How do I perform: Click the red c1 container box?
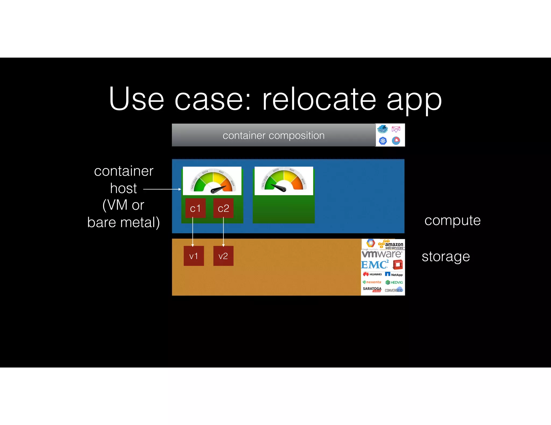(x=195, y=208)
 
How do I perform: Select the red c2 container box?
(x=223, y=208)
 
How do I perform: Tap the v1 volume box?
(x=194, y=256)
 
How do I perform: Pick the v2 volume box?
(x=223, y=256)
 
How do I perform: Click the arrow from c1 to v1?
(x=193, y=232)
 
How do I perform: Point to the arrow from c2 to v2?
(x=223, y=232)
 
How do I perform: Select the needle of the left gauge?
(x=218, y=189)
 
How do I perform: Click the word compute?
(x=453, y=221)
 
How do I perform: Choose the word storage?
(x=446, y=257)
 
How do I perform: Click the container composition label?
(x=274, y=135)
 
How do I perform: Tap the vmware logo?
(x=382, y=254)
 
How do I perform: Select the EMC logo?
(x=375, y=265)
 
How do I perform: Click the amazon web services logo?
(x=391, y=244)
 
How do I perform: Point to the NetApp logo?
(x=394, y=274)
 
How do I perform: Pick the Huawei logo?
(x=372, y=274)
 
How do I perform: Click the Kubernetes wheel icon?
(x=383, y=141)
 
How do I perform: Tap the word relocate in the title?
(x=319, y=99)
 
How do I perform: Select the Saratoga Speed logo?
(x=372, y=289)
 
